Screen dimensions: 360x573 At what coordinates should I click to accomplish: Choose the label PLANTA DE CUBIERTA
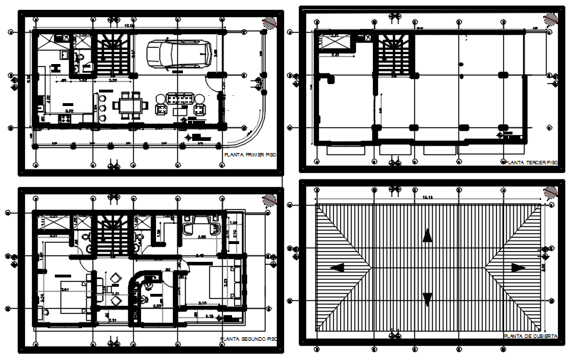point(530,336)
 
